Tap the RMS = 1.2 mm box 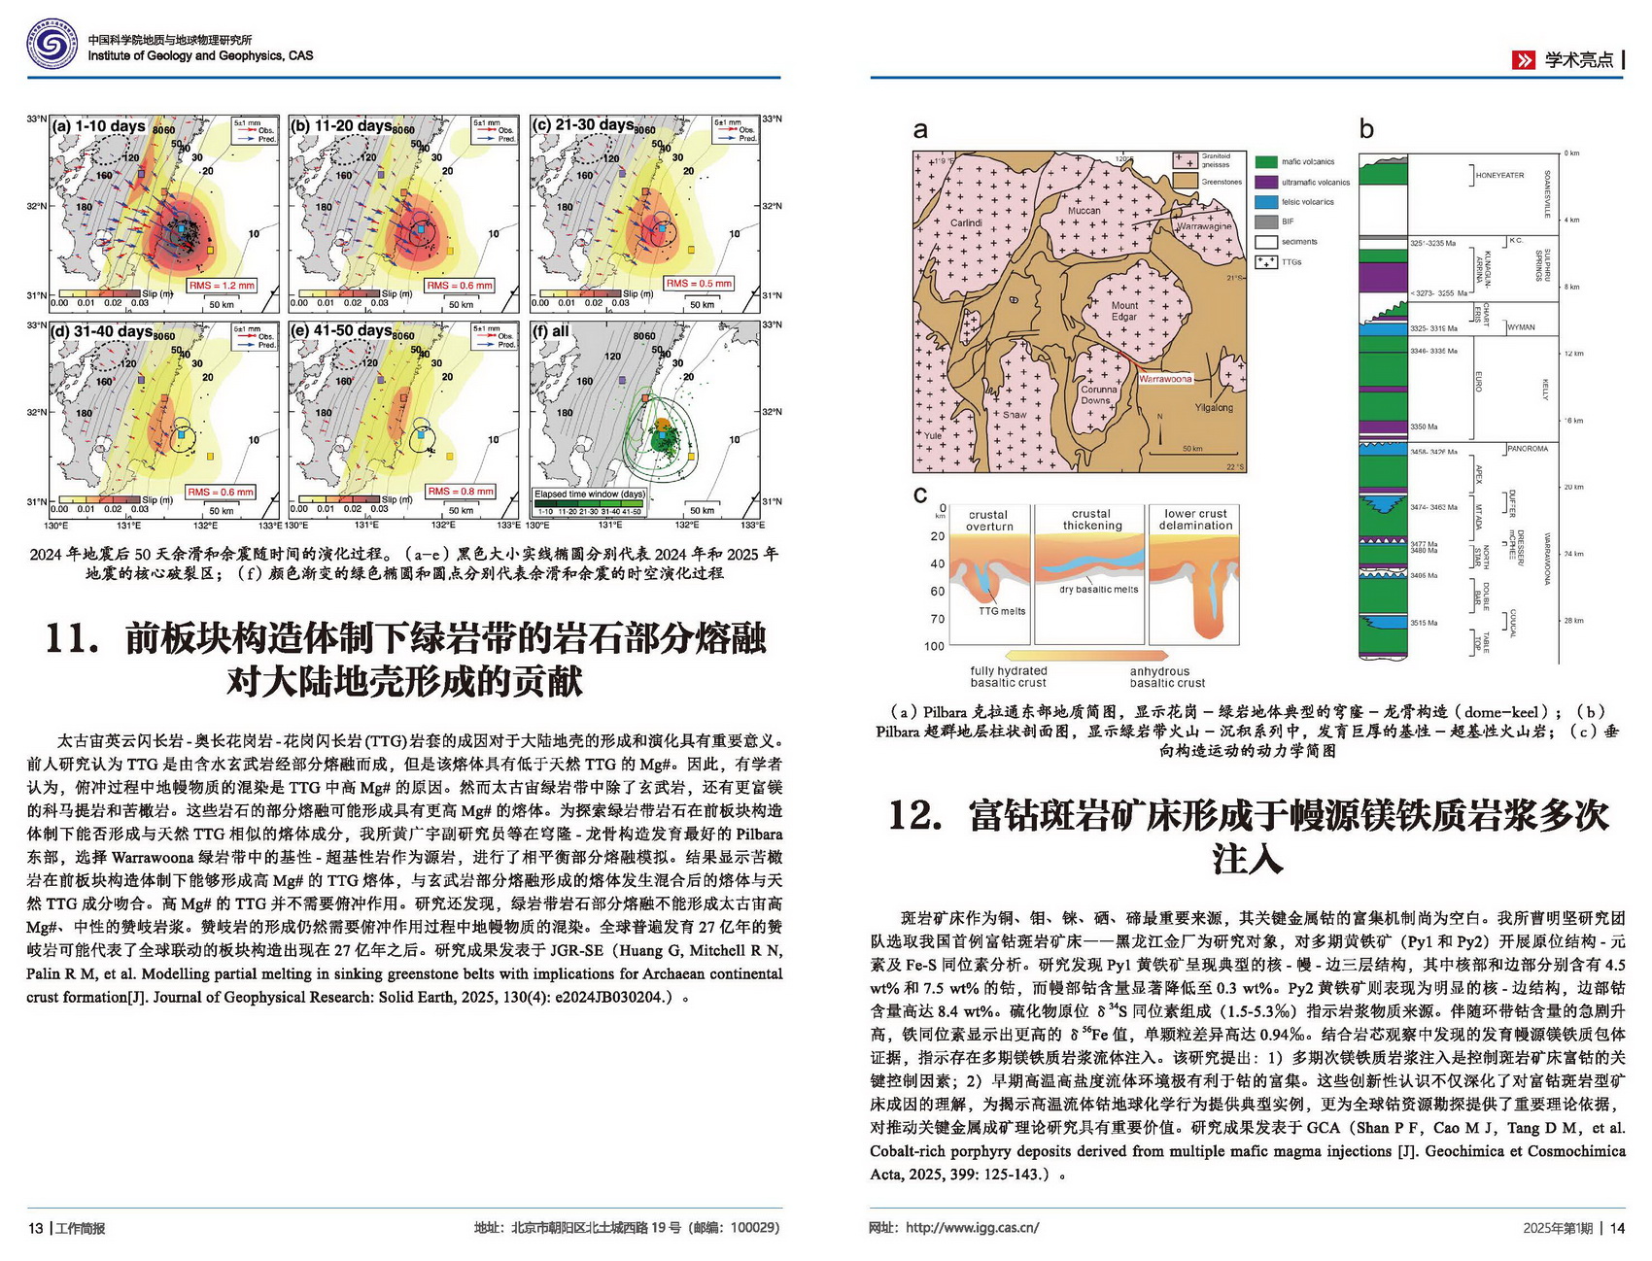(x=222, y=286)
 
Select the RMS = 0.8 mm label (x=462, y=492)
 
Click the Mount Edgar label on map (x=1124, y=311)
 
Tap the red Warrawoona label (x=1165, y=379)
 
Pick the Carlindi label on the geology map (x=966, y=222)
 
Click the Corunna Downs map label (x=1098, y=394)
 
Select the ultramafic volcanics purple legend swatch (x=1265, y=182)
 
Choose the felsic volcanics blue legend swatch (x=1265, y=202)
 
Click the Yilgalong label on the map (x=1214, y=408)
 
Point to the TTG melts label (x=1001, y=611)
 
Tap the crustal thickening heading (x=1091, y=520)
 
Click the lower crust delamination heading (x=1195, y=520)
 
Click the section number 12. (x=915, y=815)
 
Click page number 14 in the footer (x=1617, y=1228)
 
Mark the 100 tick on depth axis (x=934, y=646)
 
